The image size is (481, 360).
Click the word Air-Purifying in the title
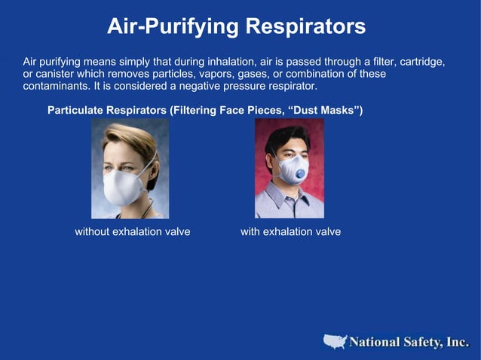click(x=173, y=26)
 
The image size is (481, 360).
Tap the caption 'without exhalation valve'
click(x=132, y=232)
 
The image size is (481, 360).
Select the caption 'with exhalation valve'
click(x=290, y=232)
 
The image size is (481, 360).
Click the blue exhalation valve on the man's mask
click(x=299, y=174)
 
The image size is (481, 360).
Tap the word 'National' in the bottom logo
click(x=375, y=343)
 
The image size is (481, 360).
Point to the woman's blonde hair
click(x=124, y=136)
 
